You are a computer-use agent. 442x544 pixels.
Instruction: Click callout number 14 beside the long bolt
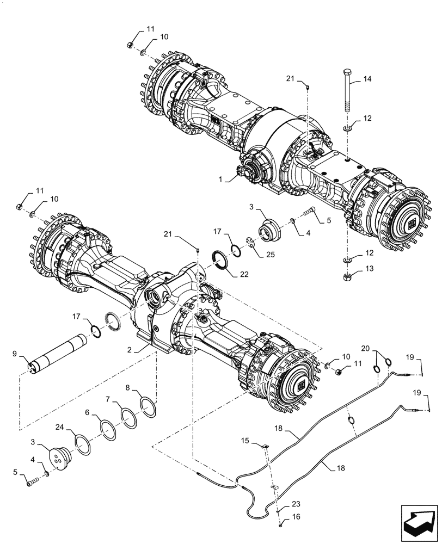(x=367, y=79)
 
